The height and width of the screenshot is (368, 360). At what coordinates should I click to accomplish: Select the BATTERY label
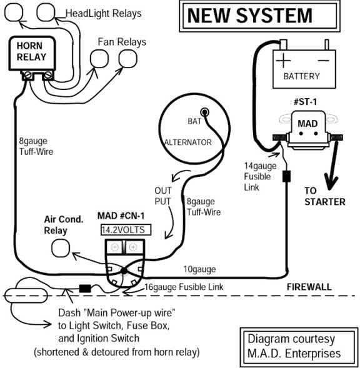pos(301,76)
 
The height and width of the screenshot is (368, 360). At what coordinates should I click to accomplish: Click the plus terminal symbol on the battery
pos(285,61)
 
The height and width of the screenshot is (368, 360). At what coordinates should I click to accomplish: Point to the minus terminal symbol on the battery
pos(322,61)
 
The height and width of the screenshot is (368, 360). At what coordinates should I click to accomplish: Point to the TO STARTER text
pos(324,196)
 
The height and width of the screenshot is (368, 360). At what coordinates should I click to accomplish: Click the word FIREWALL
pos(309,287)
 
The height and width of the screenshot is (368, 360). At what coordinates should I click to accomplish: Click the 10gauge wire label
pos(199,269)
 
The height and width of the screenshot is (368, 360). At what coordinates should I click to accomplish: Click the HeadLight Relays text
pos(103,13)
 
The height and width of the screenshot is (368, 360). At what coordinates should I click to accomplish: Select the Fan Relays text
pos(121,42)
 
